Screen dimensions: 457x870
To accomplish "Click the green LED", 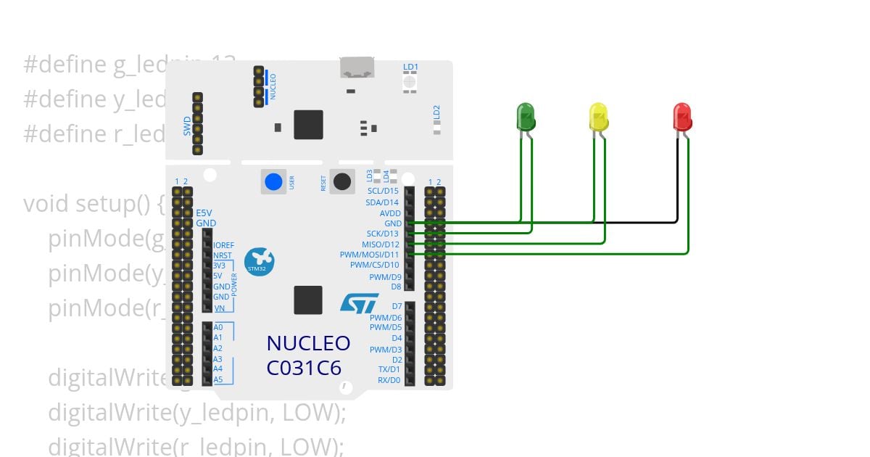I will tap(526, 116).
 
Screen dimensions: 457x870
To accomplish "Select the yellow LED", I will tap(599, 116).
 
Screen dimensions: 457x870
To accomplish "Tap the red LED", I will tap(682, 116).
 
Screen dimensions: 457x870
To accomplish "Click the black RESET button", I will tap(341, 181).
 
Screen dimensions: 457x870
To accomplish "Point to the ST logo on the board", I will tap(360, 303).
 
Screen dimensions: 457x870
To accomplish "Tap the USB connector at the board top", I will tap(357, 68).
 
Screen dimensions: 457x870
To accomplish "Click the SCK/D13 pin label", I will tap(382, 234).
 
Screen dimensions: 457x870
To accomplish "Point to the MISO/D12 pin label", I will tap(381, 244).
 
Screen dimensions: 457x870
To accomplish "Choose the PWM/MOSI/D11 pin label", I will tap(370, 255).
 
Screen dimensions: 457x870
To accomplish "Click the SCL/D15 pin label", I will tap(383, 192).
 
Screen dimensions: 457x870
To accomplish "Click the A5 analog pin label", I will tap(217, 379).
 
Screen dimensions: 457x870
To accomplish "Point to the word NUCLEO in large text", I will tap(308, 343).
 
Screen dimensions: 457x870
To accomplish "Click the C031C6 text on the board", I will tap(304, 368).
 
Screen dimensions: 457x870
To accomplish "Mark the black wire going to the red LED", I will tap(580, 223).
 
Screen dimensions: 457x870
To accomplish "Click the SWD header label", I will tap(187, 125).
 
